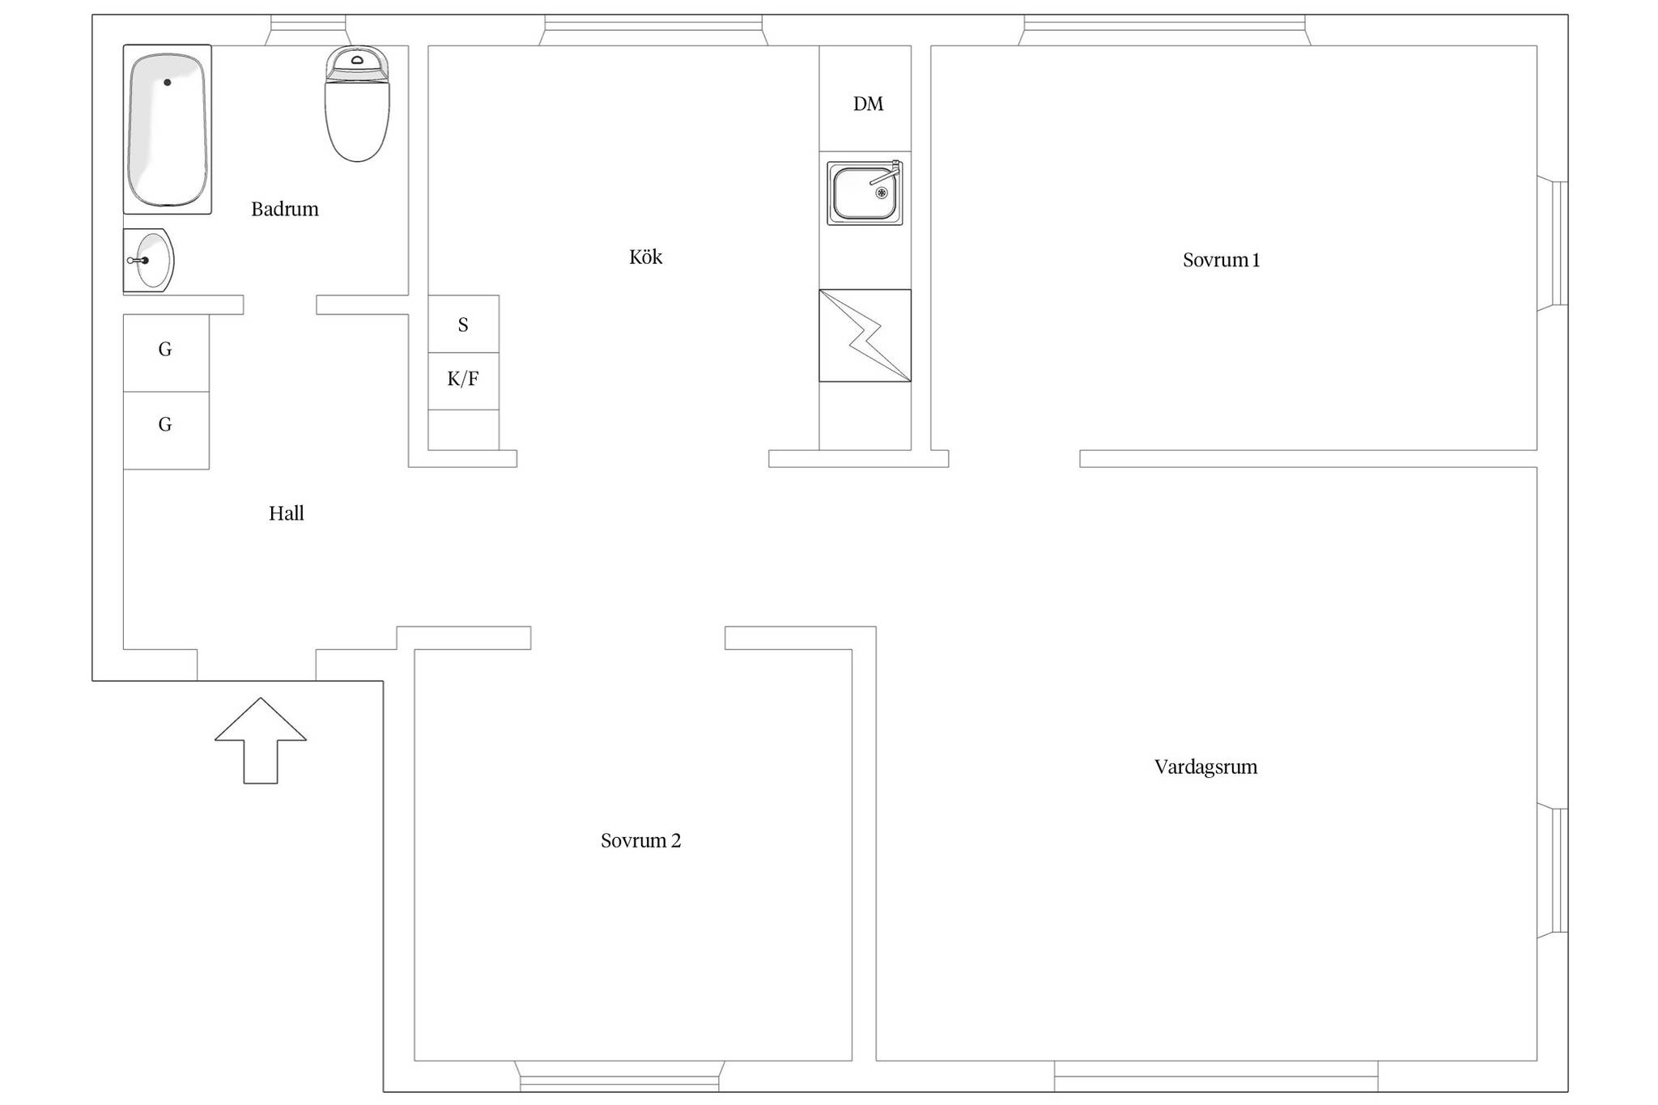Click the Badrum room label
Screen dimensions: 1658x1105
click(x=285, y=209)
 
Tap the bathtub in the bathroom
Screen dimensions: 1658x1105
click(x=168, y=130)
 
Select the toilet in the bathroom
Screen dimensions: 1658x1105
click(x=357, y=104)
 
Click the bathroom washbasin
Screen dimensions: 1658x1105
click(x=148, y=260)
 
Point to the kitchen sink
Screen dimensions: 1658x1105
click(x=865, y=193)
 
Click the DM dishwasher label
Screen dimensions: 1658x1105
click(x=868, y=104)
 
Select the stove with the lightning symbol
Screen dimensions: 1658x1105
click(x=865, y=335)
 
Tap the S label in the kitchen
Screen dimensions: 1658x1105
click(x=463, y=325)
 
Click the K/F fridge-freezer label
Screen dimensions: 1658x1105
click(x=463, y=379)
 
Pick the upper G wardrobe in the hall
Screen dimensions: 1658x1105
click(x=166, y=353)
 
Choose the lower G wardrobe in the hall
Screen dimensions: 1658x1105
click(x=166, y=431)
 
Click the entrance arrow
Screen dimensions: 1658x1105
click(x=261, y=741)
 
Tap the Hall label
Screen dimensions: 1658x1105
click(x=287, y=513)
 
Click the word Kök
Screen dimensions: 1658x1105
click(x=646, y=257)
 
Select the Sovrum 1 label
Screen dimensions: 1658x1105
click(x=1222, y=260)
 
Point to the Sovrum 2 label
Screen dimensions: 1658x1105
click(x=641, y=840)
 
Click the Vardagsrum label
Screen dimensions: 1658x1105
click(x=1206, y=767)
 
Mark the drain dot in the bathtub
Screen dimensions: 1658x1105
click(x=168, y=83)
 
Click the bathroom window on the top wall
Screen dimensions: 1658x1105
click(x=308, y=30)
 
